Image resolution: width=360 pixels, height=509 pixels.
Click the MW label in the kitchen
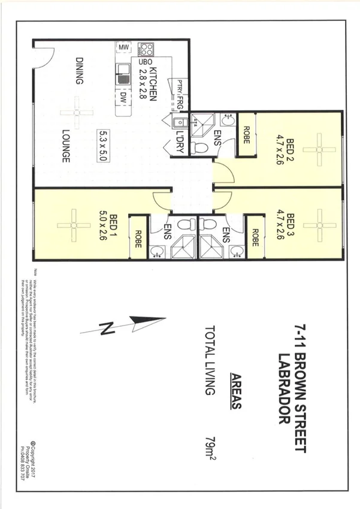tap(124, 47)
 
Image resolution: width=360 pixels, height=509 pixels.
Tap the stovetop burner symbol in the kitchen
tap(146, 49)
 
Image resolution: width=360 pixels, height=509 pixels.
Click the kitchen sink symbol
tap(123, 75)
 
